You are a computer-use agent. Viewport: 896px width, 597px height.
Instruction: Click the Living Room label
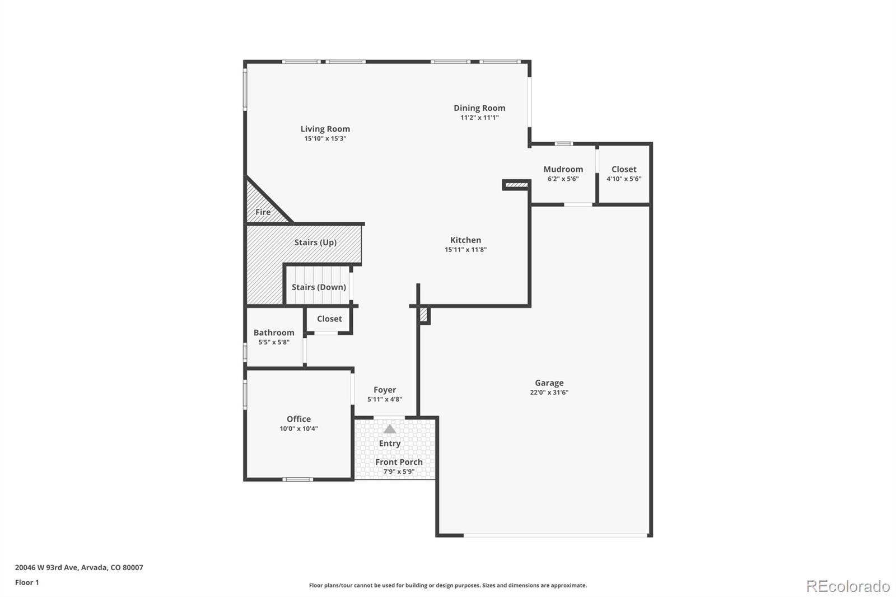point(325,129)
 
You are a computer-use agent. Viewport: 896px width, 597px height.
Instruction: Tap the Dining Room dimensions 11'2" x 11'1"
point(479,118)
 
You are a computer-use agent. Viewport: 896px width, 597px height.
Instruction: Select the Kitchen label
point(465,240)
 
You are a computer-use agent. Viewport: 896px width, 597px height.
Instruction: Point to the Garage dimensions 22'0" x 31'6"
point(549,393)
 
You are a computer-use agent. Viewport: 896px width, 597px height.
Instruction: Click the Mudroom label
point(563,169)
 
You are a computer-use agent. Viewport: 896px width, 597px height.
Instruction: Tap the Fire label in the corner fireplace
point(263,212)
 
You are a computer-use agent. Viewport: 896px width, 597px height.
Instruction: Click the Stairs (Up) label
point(315,242)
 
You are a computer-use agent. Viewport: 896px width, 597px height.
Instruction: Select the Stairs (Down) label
point(319,287)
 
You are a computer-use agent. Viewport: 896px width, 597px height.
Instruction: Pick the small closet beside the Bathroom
point(329,319)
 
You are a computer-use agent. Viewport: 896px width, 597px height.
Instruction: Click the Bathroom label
point(273,333)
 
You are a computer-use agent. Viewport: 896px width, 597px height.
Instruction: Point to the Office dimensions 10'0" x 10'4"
point(298,428)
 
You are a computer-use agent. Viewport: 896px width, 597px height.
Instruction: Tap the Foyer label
point(385,390)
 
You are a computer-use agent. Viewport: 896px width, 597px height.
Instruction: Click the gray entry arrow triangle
point(390,429)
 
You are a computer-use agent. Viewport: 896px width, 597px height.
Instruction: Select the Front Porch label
point(399,462)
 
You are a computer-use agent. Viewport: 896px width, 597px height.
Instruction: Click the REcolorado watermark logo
point(848,586)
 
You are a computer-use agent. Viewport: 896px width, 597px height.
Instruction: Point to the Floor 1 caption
point(27,582)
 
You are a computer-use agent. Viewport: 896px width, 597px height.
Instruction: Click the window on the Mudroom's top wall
point(563,143)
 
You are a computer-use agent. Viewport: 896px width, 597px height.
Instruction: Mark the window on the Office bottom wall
point(297,479)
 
